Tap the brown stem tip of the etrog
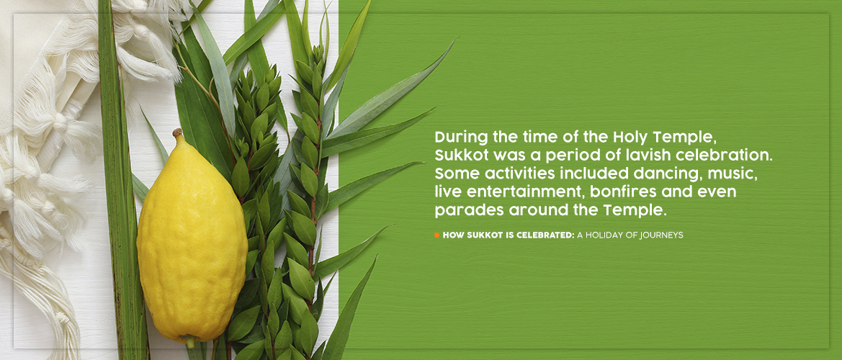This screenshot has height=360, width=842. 176,132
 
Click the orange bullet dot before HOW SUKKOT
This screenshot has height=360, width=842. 437,235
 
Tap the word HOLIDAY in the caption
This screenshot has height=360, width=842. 606,235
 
